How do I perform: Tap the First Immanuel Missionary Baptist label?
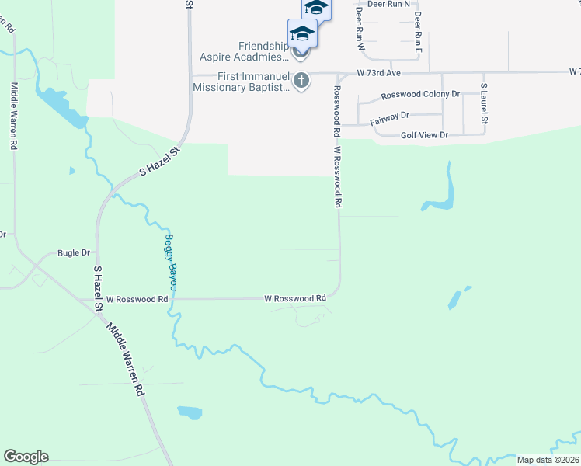[x=242, y=82]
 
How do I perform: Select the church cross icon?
[x=302, y=80]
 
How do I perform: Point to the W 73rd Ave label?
[x=378, y=72]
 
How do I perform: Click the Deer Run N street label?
[x=388, y=4]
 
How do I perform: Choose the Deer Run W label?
[x=360, y=30]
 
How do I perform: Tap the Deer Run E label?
[x=417, y=30]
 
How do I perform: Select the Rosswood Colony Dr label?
[x=420, y=95]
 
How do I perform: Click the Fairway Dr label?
[x=389, y=116]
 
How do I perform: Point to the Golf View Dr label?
[x=424, y=135]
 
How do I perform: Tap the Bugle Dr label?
[x=74, y=253]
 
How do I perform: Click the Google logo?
[x=26, y=457]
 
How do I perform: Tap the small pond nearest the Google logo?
[x=190, y=412]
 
